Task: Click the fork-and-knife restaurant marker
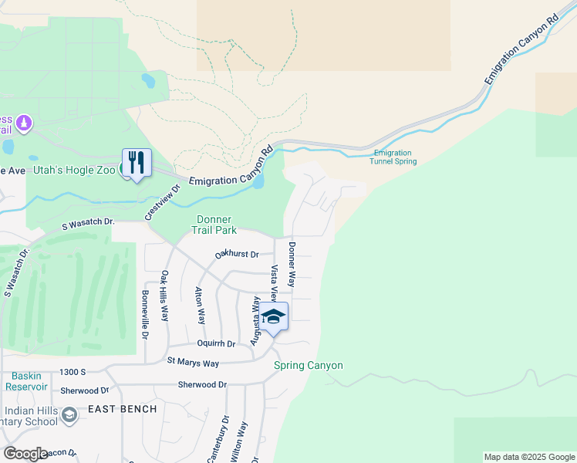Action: pyautogui.click(x=137, y=164)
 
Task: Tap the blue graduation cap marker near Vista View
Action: pyautogui.click(x=273, y=317)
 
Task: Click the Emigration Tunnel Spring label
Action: pyautogui.click(x=394, y=157)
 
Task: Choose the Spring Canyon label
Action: pyautogui.click(x=308, y=365)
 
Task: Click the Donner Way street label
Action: pyautogui.click(x=292, y=264)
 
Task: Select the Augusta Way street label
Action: pyautogui.click(x=255, y=316)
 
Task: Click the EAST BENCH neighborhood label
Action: pyautogui.click(x=123, y=409)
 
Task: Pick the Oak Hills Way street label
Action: pyautogui.click(x=164, y=296)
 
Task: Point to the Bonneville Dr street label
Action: pyautogui.click(x=145, y=315)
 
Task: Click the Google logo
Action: pyautogui.click(x=25, y=454)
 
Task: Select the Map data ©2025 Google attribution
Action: pyautogui.click(x=528, y=457)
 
